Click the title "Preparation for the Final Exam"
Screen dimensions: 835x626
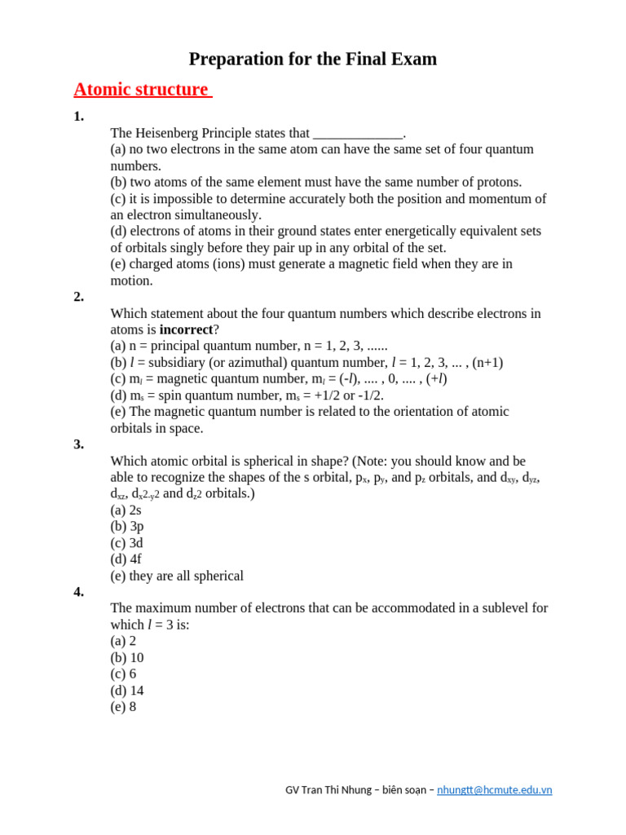(x=313, y=60)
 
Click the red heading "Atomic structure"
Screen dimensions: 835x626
(x=141, y=90)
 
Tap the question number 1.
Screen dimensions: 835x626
(x=78, y=117)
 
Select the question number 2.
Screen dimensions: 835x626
(x=78, y=297)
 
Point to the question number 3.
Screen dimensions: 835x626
(x=78, y=444)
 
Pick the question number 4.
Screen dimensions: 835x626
(x=78, y=592)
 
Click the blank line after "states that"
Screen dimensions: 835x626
(x=358, y=134)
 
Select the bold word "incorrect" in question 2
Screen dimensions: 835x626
(x=186, y=329)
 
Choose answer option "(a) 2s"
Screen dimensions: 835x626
(x=126, y=510)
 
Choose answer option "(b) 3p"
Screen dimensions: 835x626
(x=127, y=526)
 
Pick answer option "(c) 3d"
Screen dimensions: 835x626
(x=127, y=543)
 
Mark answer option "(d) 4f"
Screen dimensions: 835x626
(x=126, y=559)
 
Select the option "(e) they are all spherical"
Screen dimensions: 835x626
(x=177, y=576)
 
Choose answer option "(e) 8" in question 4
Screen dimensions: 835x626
(x=123, y=707)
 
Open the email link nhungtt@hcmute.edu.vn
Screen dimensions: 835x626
(x=495, y=790)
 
